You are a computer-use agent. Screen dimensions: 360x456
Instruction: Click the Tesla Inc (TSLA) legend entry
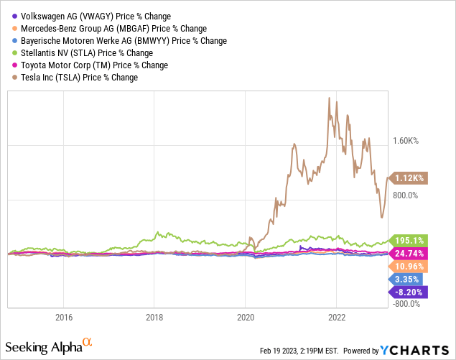pos(75,77)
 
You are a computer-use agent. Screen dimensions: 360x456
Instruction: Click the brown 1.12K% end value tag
pos(409,177)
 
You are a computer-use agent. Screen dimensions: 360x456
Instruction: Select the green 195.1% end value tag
pos(408,241)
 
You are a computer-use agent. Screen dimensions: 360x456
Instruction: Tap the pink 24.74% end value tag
pos(409,254)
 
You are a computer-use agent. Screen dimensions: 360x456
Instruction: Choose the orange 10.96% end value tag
pos(409,267)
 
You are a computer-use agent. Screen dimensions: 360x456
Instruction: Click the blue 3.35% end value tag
pos(409,279)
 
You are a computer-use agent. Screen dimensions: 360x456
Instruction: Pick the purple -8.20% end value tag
pos(409,292)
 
